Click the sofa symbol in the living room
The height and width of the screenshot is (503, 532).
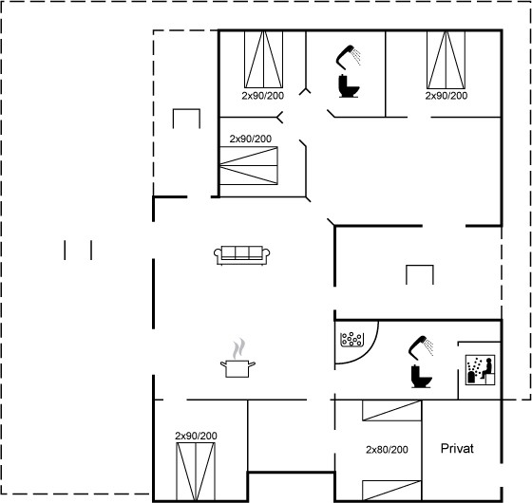(x=242, y=255)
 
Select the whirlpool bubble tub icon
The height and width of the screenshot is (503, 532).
(x=352, y=340)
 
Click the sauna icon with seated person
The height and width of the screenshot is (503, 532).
(x=480, y=370)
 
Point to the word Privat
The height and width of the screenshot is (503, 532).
(x=457, y=448)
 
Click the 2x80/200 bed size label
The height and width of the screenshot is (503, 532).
(x=387, y=450)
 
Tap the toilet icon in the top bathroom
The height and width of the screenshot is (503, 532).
(x=349, y=86)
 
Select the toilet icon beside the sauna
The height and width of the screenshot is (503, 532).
(x=421, y=376)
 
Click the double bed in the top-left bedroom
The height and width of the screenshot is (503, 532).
(x=264, y=60)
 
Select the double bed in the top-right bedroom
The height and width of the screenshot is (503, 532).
(x=446, y=60)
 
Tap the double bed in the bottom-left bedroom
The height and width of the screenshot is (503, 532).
(x=196, y=471)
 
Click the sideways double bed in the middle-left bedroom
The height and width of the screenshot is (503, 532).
(x=249, y=166)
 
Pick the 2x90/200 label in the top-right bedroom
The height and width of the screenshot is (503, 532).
(x=446, y=96)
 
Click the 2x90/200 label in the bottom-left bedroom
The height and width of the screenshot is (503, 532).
(x=196, y=436)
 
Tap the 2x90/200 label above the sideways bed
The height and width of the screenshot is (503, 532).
(x=251, y=139)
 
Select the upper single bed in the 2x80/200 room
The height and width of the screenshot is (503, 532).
(x=391, y=411)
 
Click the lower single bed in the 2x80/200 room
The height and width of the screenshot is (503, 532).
(x=391, y=491)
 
